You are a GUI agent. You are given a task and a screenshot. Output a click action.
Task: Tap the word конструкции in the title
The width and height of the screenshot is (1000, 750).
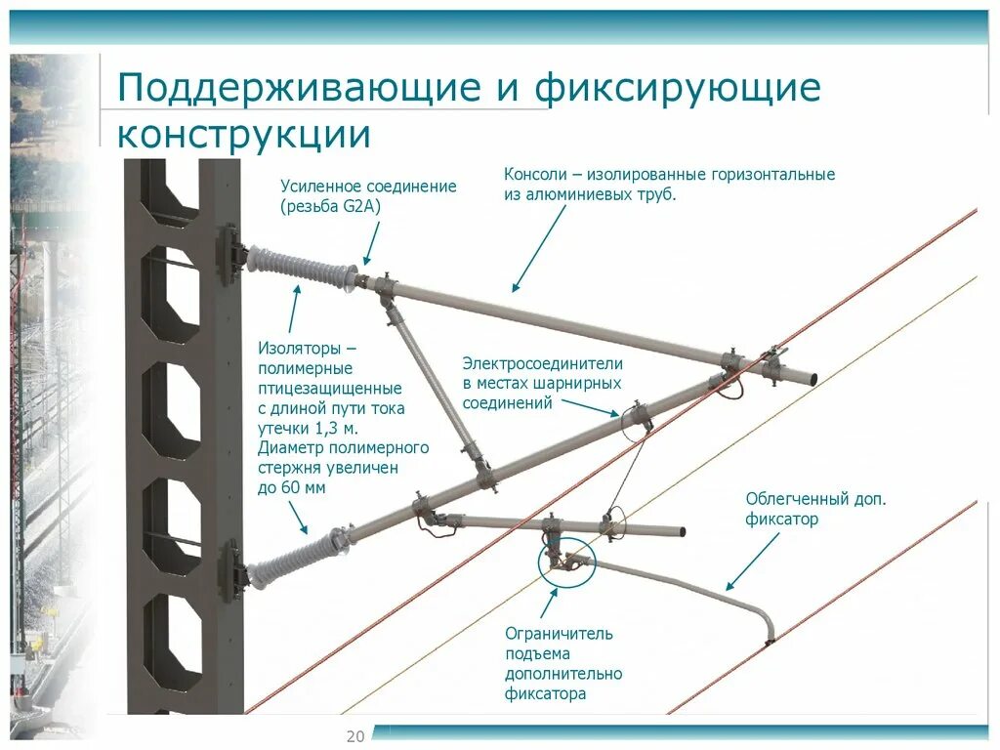[x=244, y=134]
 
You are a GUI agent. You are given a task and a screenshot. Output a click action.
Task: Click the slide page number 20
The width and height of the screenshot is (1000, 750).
[x=354, y=736]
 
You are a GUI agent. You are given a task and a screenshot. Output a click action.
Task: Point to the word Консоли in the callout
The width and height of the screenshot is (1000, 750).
[x=534, y=175]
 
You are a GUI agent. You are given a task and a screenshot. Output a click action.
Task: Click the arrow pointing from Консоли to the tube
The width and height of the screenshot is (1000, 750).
[x=539, y=248]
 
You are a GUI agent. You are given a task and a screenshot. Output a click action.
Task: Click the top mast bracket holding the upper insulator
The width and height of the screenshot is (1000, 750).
[x=229, y=255]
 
